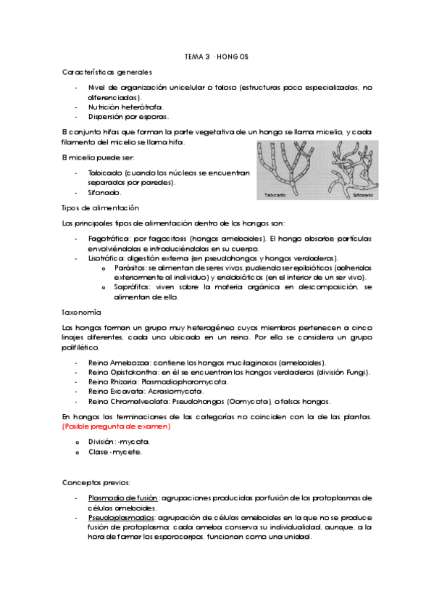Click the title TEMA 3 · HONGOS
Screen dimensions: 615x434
click(217, 56)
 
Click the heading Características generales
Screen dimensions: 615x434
click(107, 72)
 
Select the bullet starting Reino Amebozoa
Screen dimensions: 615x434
click(206, 363)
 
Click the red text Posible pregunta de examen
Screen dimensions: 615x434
click(116, 427)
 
